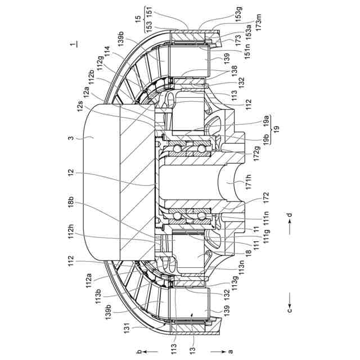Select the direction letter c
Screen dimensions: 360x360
(289, 310)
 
